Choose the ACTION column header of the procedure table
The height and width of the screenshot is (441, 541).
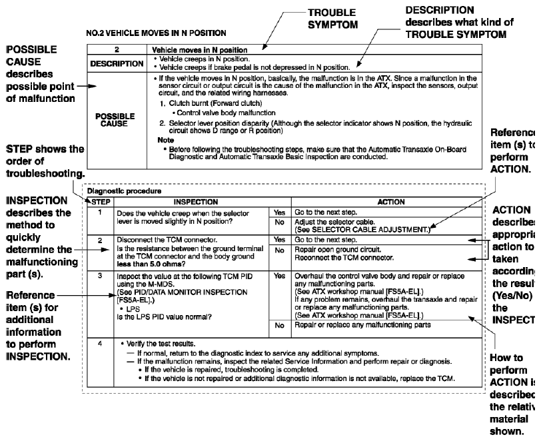click(381, 200)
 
